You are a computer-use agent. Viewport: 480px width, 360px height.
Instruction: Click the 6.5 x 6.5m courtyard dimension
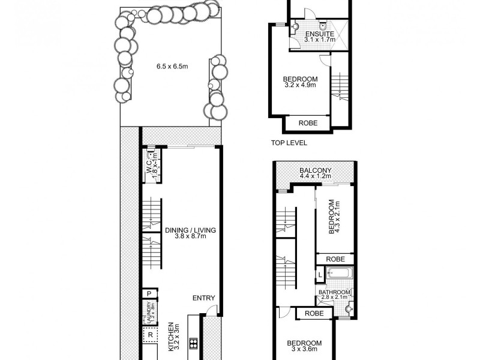(x=169, y=67)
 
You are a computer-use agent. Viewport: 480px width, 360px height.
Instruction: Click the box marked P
(x=148, y=293)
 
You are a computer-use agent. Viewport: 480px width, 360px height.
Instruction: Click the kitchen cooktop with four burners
(x=193, y=343)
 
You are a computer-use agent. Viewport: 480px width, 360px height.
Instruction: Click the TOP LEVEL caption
(x=289, y=143)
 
